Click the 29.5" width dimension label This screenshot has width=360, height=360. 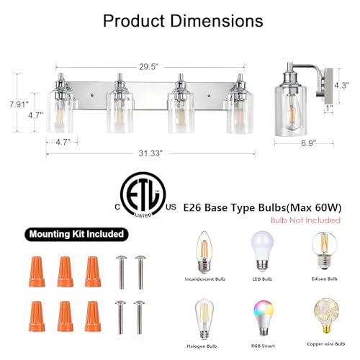pos(149,67)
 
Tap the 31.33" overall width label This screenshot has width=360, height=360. pos(150,153)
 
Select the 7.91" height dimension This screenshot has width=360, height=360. pos(19,104)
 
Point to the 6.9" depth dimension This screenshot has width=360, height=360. pos(308,143)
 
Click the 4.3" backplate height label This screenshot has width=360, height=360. pos(342,85)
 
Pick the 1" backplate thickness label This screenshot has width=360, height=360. pos(329,108)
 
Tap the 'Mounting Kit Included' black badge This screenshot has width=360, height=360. pos(76,234)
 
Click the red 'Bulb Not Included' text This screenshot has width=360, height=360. pos(305,220)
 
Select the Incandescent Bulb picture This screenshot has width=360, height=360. pos(204,252)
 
